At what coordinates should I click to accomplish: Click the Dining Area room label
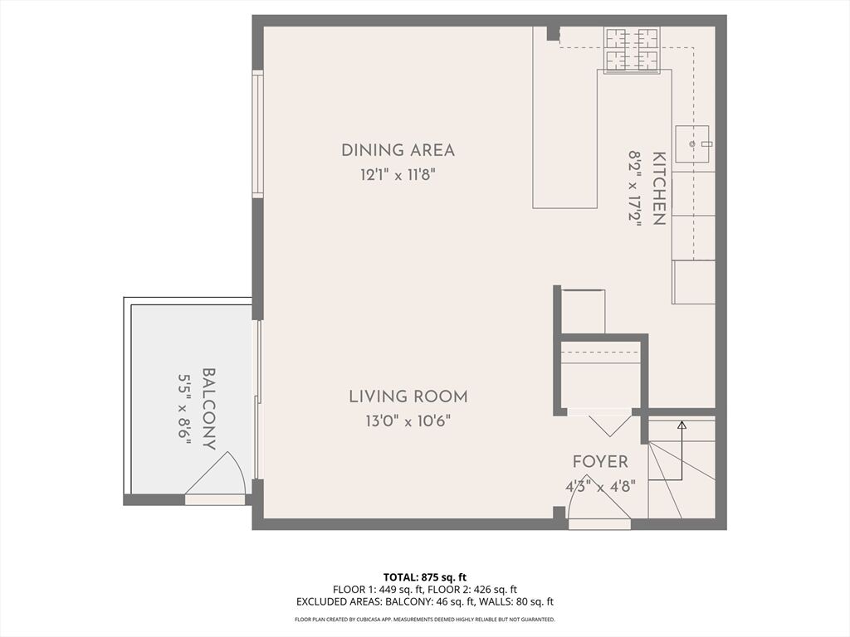398,150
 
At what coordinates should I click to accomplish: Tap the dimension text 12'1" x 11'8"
398,176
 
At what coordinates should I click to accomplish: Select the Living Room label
408,396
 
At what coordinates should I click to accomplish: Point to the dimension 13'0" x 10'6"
408,421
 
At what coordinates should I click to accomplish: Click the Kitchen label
658,188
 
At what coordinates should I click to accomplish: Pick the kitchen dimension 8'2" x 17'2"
635,188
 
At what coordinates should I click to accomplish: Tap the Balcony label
209,409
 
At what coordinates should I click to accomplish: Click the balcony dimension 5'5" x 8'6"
185,409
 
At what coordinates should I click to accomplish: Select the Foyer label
601,462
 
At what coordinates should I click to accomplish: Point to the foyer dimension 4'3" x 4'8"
600,486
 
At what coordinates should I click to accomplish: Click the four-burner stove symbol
633,50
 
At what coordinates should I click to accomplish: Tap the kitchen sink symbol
692,143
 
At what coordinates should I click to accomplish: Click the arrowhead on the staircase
682,425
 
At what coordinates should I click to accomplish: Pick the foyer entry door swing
598,499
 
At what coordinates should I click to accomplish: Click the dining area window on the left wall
258,134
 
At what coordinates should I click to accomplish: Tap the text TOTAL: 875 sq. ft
424,577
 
